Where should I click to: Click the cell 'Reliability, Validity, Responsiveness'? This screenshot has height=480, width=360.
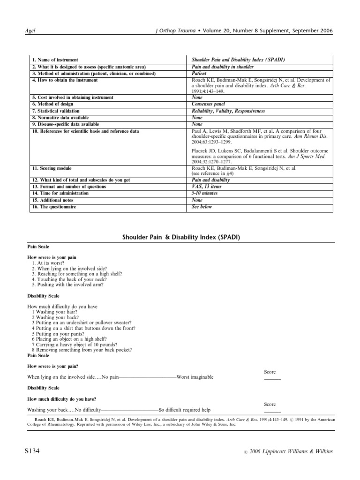tap(228, 111)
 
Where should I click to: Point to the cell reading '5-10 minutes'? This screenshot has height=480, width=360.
tap(205, 193)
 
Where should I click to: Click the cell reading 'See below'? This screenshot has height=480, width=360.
tap(202, 207)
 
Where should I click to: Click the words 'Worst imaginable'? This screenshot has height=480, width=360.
tap(195, 377)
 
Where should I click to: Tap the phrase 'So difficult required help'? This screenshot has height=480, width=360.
tap(185, 409)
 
